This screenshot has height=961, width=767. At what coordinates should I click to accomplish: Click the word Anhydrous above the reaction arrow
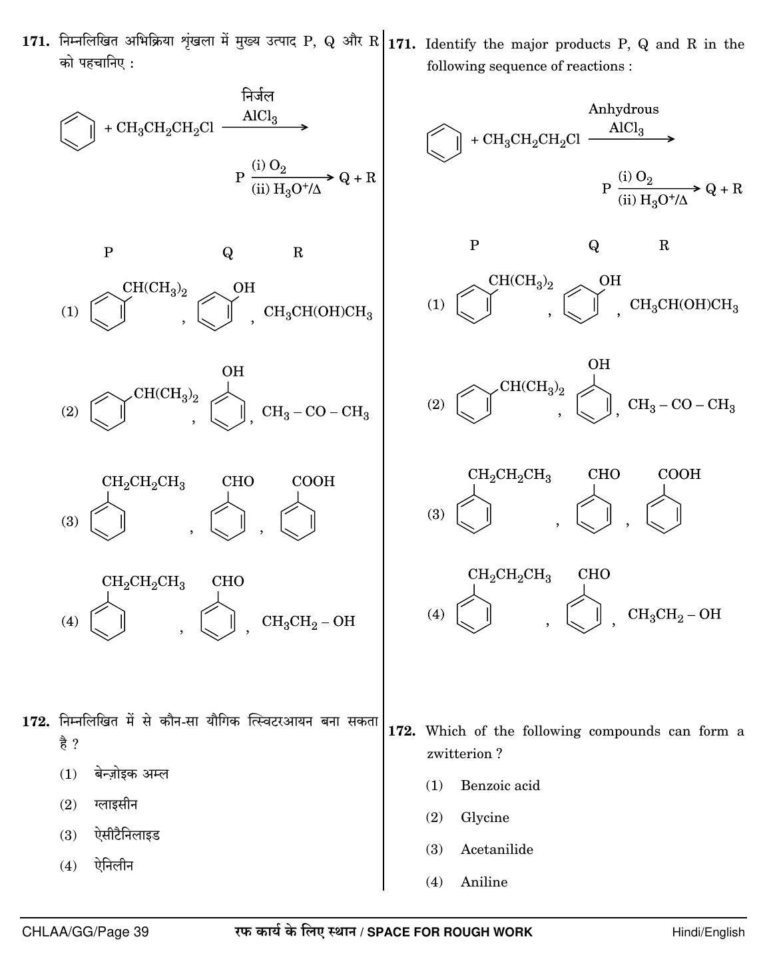(623, 110)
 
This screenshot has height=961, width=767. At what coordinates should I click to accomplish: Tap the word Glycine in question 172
(485, 817)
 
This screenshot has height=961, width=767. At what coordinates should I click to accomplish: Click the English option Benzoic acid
(501, 785)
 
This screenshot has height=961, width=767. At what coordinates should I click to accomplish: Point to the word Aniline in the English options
(484, 881)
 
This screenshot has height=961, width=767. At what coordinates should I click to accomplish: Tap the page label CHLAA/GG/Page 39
(85, 932)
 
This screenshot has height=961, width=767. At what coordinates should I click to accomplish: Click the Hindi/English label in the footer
(708, 932)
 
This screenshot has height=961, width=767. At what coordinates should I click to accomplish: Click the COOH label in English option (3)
(679, 474)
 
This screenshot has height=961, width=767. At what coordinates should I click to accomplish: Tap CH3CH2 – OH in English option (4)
(674, 615)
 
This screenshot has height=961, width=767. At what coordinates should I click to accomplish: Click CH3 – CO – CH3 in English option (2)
(681, 405)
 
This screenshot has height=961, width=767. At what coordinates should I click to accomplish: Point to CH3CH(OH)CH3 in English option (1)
(684, 305)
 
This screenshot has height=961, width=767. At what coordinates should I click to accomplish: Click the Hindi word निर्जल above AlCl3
(258, 95)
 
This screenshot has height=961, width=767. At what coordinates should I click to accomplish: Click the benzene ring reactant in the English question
(443, 143)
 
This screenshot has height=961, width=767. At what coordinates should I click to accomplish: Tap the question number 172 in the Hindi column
(36, 722)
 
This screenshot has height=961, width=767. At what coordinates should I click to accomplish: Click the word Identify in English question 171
(451, 44)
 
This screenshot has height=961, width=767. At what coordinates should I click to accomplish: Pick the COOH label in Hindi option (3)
(313, 481)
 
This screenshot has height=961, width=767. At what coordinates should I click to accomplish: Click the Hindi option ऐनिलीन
(114, 865)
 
